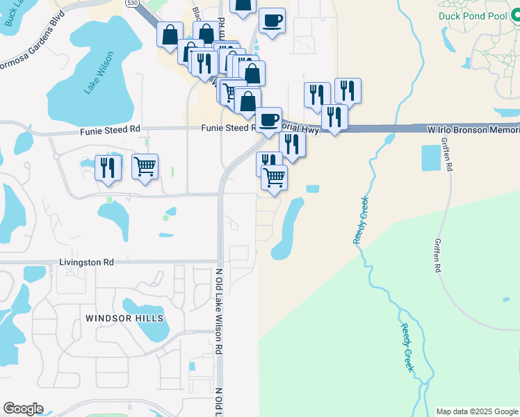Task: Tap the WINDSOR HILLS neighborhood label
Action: point(124,318)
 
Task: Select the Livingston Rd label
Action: point(86,263)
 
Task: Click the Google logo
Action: point(23,409)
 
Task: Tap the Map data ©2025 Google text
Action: point(477,411)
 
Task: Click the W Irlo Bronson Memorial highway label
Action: point(473,130)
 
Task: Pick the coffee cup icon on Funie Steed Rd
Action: point(268,120)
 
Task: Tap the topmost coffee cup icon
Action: point(272,20)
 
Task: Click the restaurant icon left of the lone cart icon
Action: point(108,167)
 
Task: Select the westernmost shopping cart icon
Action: point(145,166)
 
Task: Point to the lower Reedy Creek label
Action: point(407,346)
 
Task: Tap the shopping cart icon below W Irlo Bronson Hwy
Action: point(275,177)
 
